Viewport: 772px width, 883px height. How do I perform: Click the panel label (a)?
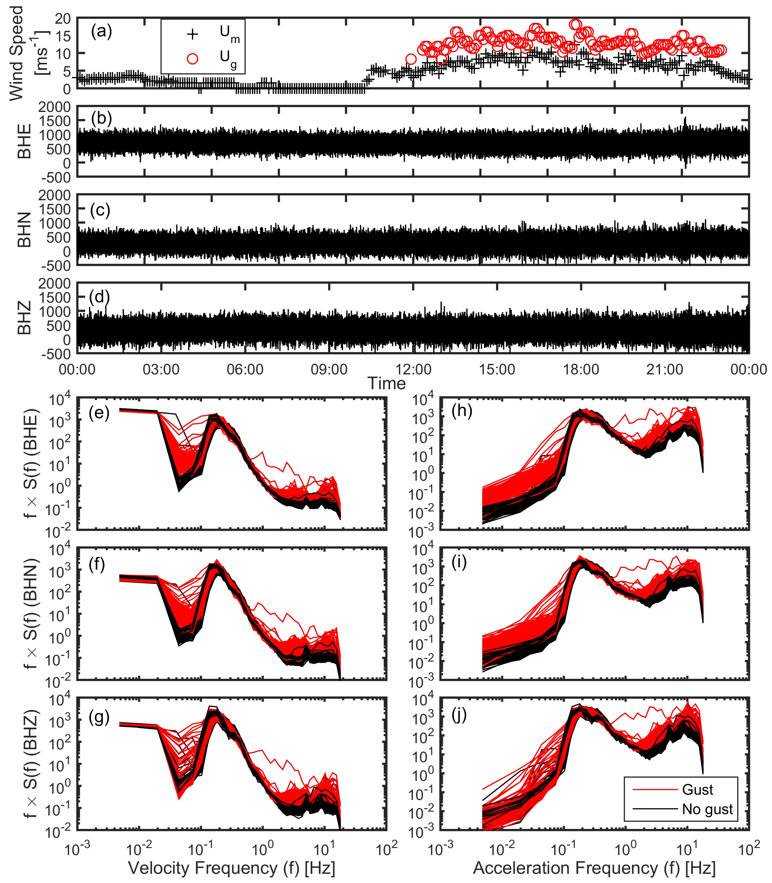101,32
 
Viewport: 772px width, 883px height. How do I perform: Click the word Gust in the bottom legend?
698,789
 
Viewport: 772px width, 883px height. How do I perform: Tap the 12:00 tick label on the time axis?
413,369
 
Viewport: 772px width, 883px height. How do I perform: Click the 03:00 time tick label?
161,369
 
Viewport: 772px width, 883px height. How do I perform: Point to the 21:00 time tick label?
665,369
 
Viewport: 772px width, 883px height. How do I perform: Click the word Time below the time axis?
387,384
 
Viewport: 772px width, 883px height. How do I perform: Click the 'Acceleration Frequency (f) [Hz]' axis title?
594,868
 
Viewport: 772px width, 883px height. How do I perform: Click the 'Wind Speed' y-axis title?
16,53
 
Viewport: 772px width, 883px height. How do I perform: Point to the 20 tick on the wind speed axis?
62,18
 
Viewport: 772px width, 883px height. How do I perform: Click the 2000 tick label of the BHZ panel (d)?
54,284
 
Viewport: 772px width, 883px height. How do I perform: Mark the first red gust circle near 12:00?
411,59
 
